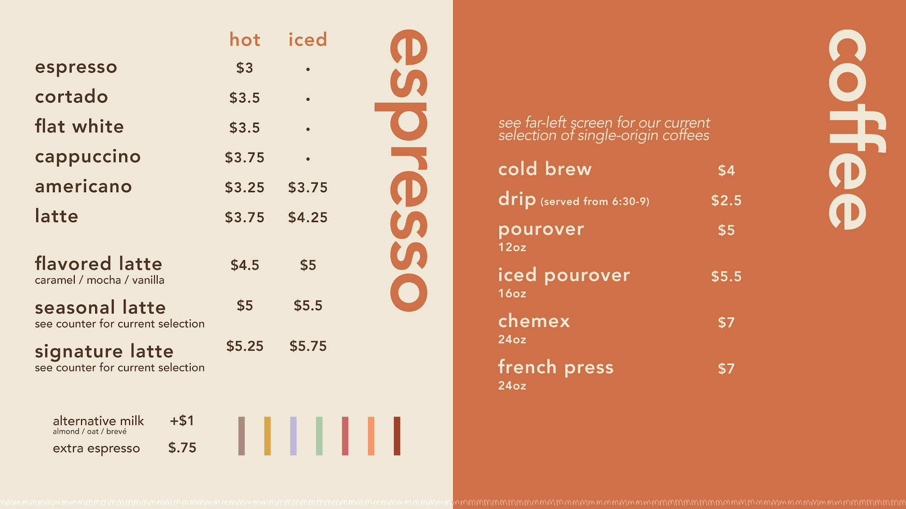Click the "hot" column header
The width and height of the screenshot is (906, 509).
pos(245,39)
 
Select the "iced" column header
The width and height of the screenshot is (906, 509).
pos(308,39)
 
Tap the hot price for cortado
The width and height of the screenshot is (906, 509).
pos(245,98)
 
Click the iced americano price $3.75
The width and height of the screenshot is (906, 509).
pos(308,187)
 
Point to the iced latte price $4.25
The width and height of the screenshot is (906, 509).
pos(308,217)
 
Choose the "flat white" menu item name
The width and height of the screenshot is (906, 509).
pos(79,126)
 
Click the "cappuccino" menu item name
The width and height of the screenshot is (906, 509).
pos(88,157)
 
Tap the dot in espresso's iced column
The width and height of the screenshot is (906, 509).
pos(308,69)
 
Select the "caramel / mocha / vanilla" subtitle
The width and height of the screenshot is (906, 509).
pos(100,280)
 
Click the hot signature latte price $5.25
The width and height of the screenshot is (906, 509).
pos(245,346)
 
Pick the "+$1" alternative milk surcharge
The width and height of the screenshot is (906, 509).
pos(182,421)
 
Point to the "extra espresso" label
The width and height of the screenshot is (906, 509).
pos(96,448)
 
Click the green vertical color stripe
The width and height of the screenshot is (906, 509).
pos(319,436)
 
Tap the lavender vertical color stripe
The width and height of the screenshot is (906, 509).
pos(294,436)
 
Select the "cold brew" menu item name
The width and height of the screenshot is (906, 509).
pos(545,169)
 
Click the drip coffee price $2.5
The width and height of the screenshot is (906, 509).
pos(726,200)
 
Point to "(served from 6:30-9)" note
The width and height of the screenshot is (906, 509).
pos(595,201)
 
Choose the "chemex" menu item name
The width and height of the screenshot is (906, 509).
pos(534,321)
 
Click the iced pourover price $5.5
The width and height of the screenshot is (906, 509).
pos(726,276)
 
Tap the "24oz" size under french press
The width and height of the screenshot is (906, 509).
pos(512,385)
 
